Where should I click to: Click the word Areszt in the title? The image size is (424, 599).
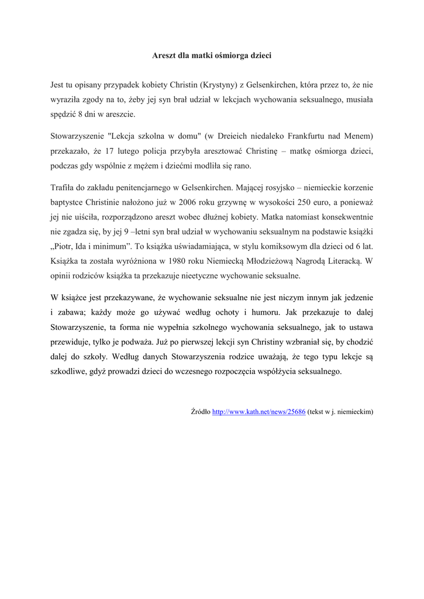pos(164,56)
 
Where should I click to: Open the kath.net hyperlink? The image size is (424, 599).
pos(258,411)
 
